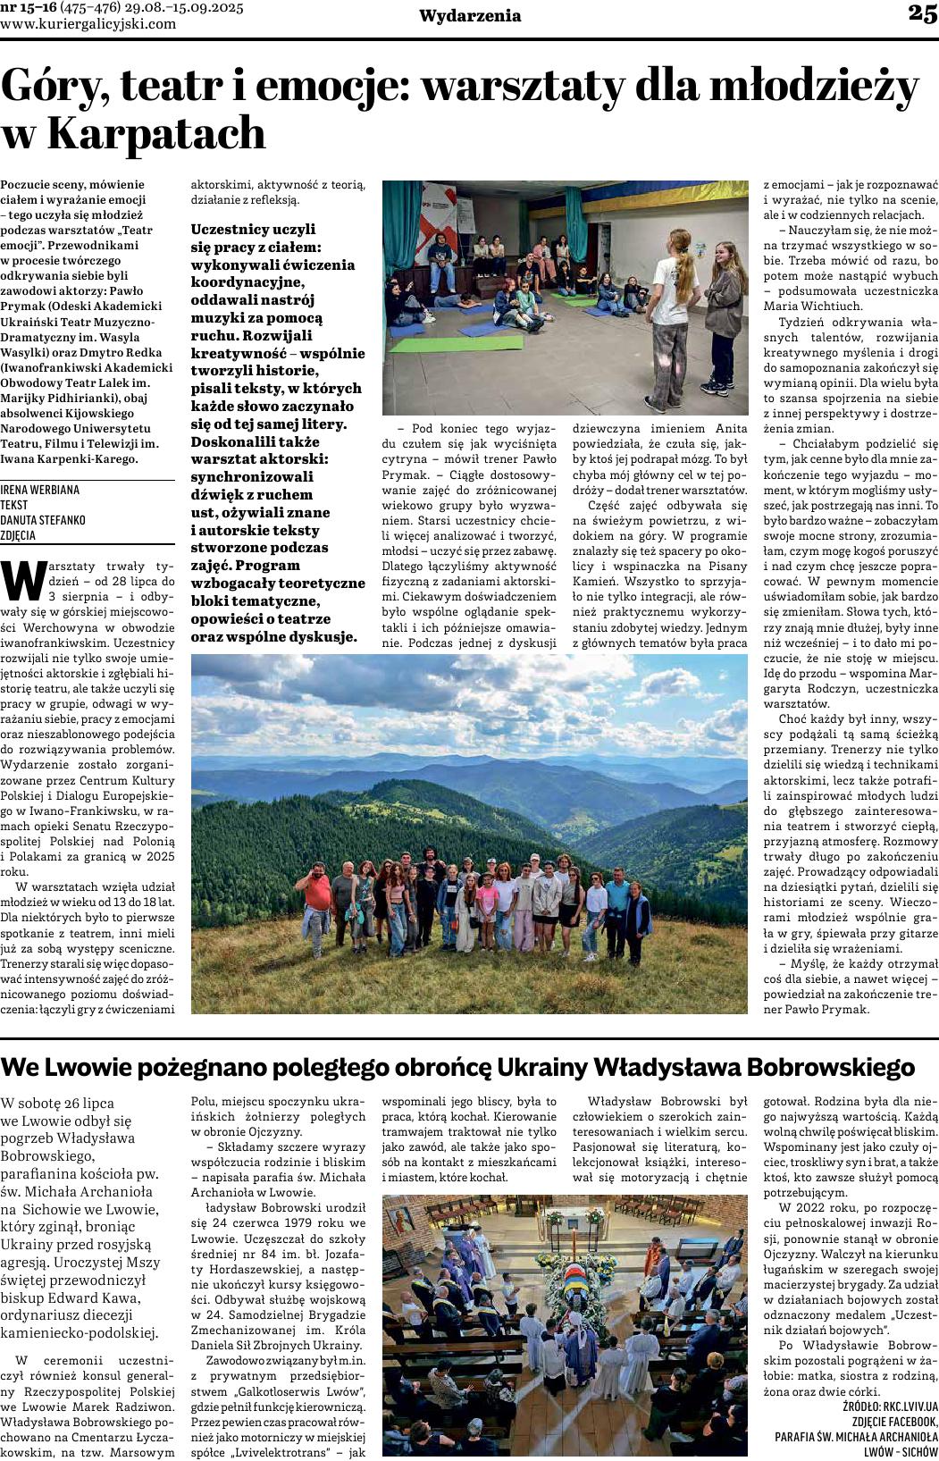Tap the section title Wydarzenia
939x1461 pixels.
pos(470,16)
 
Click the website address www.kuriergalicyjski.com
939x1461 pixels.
pos(88,24)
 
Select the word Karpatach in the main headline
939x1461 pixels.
pos(155,134)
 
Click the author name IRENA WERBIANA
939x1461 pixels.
pos(40,490)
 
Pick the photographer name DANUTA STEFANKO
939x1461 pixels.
pos(43,520)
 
